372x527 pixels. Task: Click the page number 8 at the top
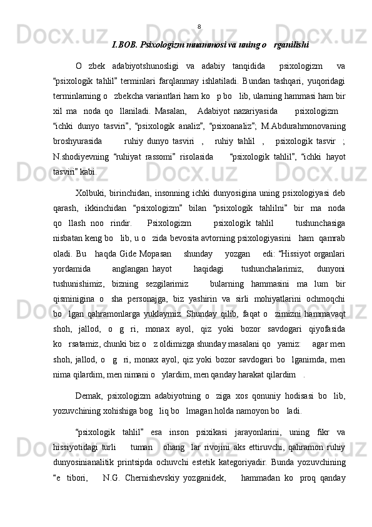199,26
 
